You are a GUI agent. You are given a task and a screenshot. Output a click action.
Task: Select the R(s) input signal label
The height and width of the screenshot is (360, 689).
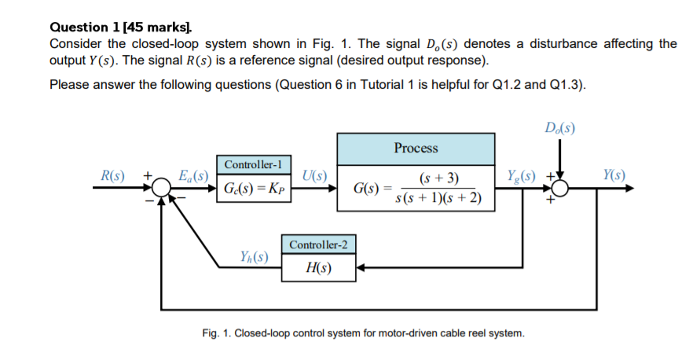pos(108,174)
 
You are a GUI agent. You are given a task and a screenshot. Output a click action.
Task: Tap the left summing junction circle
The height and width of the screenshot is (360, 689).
pos(163,189)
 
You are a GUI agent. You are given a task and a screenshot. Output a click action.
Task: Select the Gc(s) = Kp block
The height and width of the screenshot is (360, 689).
pos(255,189)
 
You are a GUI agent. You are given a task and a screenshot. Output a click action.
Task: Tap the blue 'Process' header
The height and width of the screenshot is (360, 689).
pos(416,148)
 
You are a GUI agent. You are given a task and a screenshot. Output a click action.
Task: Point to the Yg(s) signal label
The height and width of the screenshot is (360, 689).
pos(521,174)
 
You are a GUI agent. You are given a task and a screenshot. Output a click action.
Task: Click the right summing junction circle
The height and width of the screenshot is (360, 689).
pos(561,189)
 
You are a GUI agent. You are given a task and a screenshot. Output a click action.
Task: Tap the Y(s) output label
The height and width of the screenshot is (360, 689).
pos(614,174)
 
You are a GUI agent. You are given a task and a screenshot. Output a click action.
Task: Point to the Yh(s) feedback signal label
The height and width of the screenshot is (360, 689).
pos(254,255)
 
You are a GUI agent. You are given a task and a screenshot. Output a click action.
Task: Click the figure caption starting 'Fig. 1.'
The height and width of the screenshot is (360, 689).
pos(362,334)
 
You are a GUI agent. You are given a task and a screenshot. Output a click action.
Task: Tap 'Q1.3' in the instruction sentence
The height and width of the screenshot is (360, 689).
pos(565,84)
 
